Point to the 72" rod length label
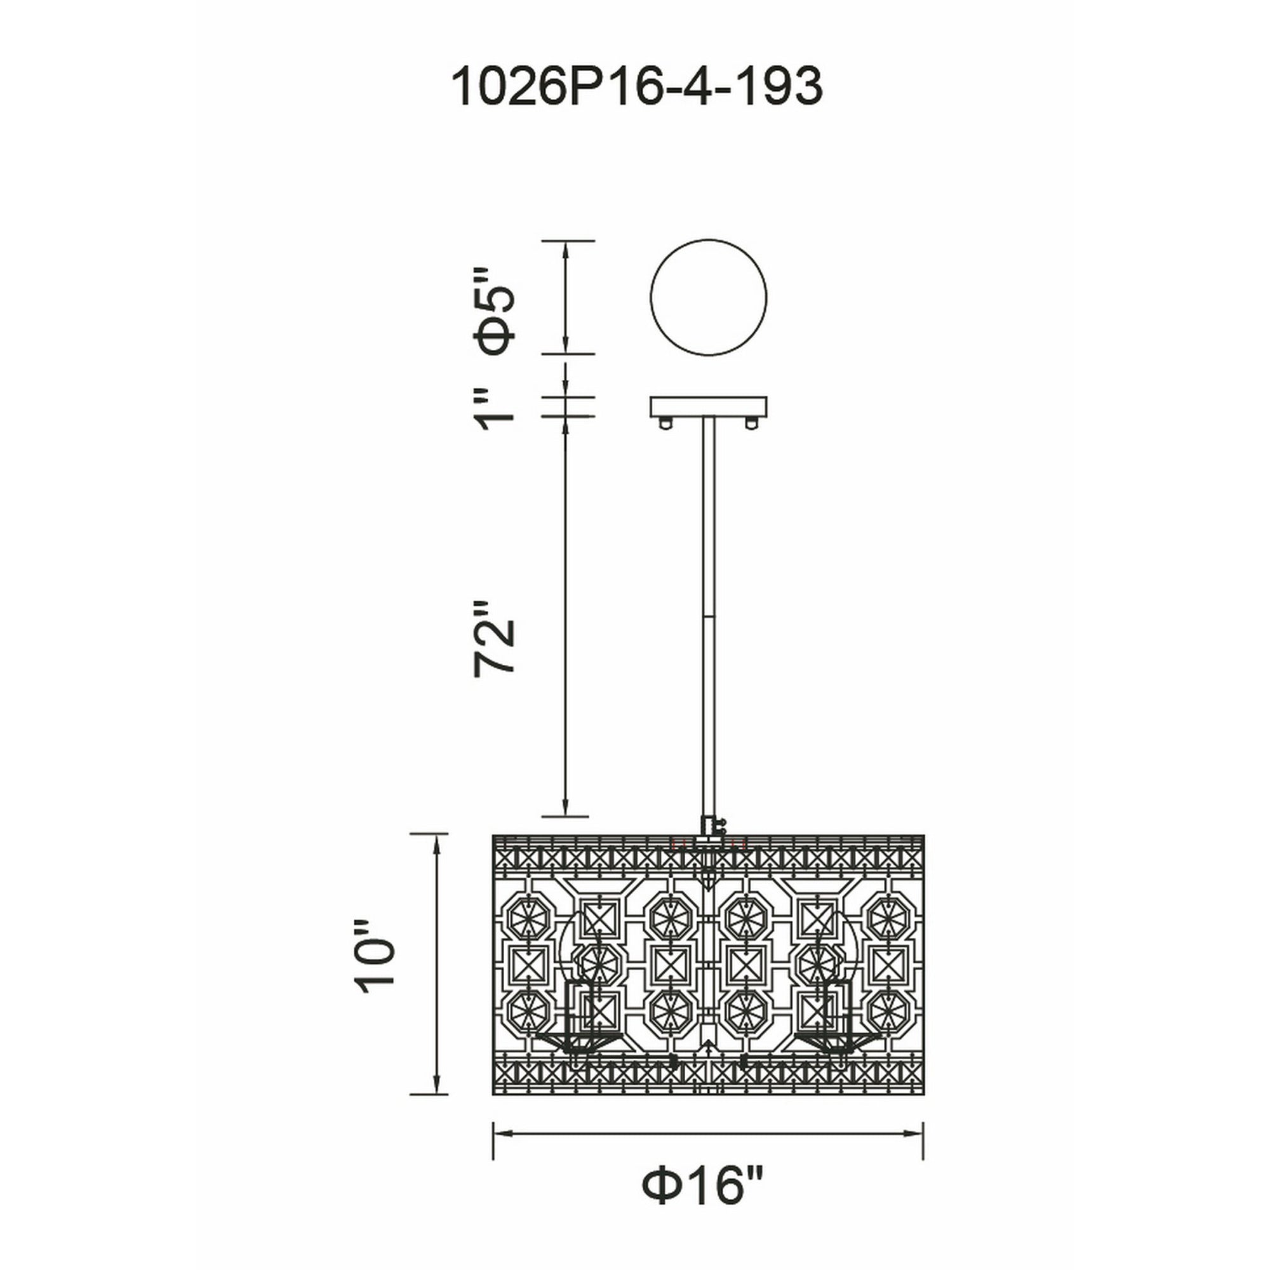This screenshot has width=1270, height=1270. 493,637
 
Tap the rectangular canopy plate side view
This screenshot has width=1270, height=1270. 709,406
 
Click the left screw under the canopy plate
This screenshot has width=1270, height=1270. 666,423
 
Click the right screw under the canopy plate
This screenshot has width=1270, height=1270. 751,423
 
